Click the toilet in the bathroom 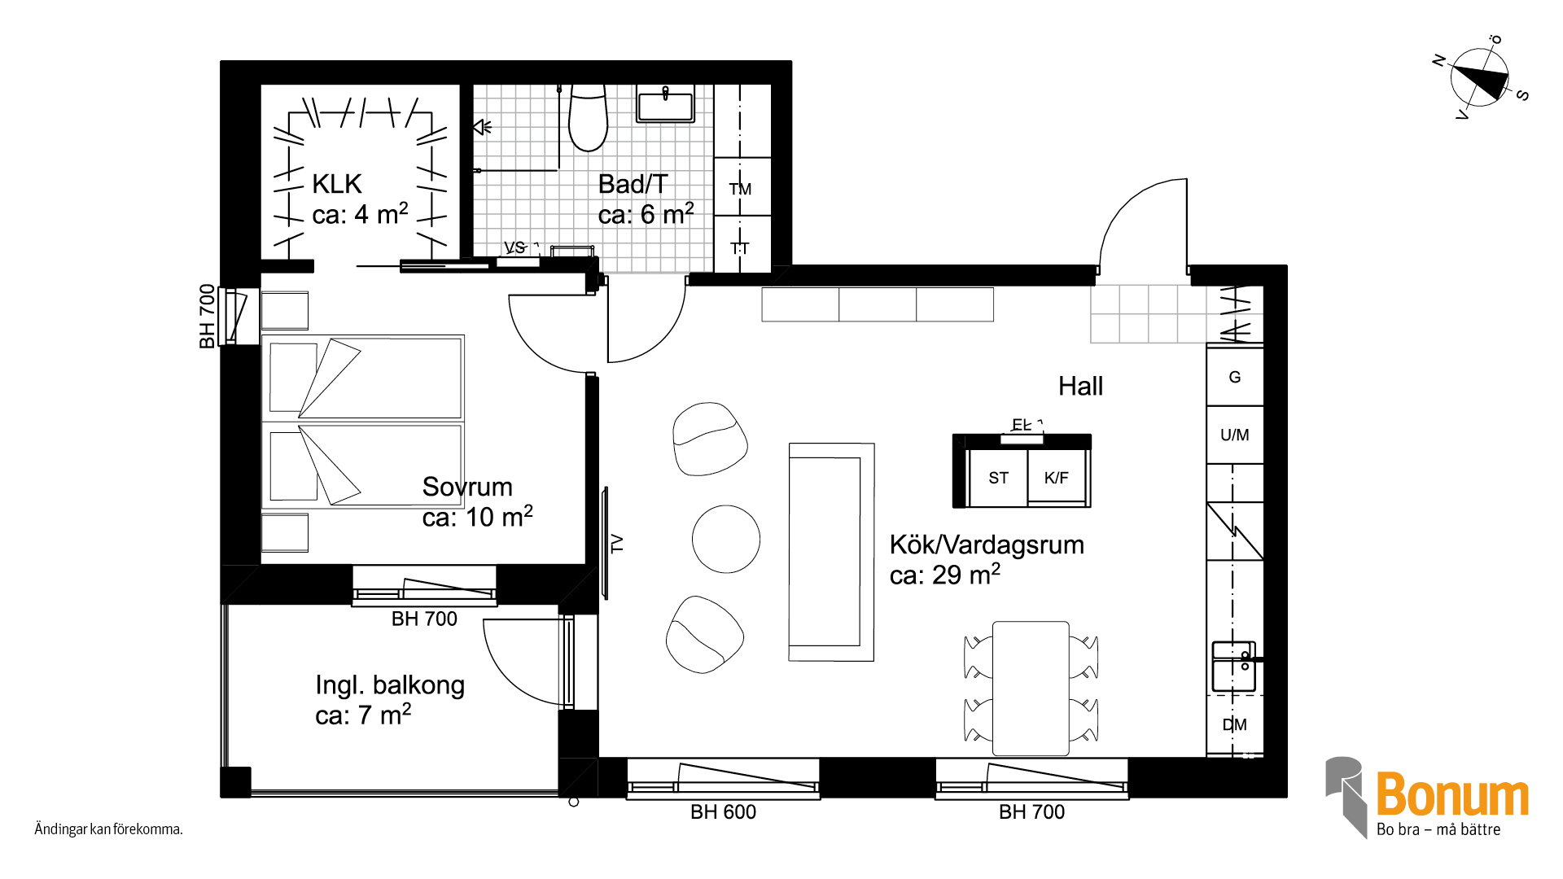click(x=588, y=118)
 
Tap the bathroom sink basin click(x=665, y=105)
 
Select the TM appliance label click(x=740, y=189)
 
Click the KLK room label click(x=337, y=184)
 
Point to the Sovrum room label click(x=467, y=487)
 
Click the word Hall click(x=1080, y=386)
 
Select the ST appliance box click(x=998, y=478)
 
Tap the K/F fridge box click(x=1057, y=478)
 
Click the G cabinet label click(x=1235, y=377)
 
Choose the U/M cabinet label click(x=1235, y=435)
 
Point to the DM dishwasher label click(x=1235, y=724)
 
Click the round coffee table click(x=726, y=539)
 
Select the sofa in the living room click(x=831, y=552)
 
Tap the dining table click(x=1031, y=689)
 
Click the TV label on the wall click(x=617, y=543)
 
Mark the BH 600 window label click(x=723, y=811)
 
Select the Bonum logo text click(x=1452, y=794)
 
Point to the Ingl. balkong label click(x=390, y=685)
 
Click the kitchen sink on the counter click(x=1234, y=667)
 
